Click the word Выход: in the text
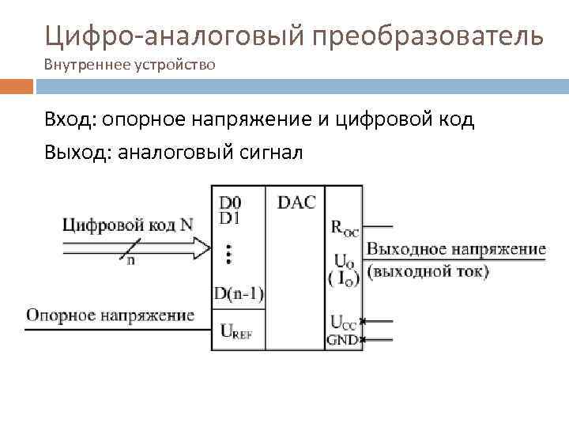(78, 151)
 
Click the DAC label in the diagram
(296, 202)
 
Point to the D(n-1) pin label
(239, 295)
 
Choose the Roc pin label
(345, 229)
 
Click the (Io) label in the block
(344, 277)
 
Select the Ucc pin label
(344, 322)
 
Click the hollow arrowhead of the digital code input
(203, 248)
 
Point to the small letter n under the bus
(130, 261)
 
